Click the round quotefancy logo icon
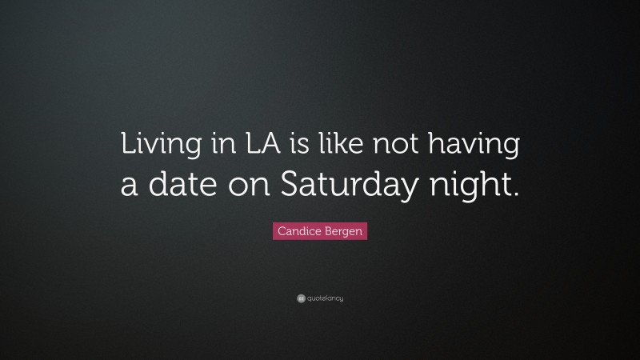pyautogui.click(x=300, y=299)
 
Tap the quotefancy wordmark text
pyautogui.click(x=325, y=299)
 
